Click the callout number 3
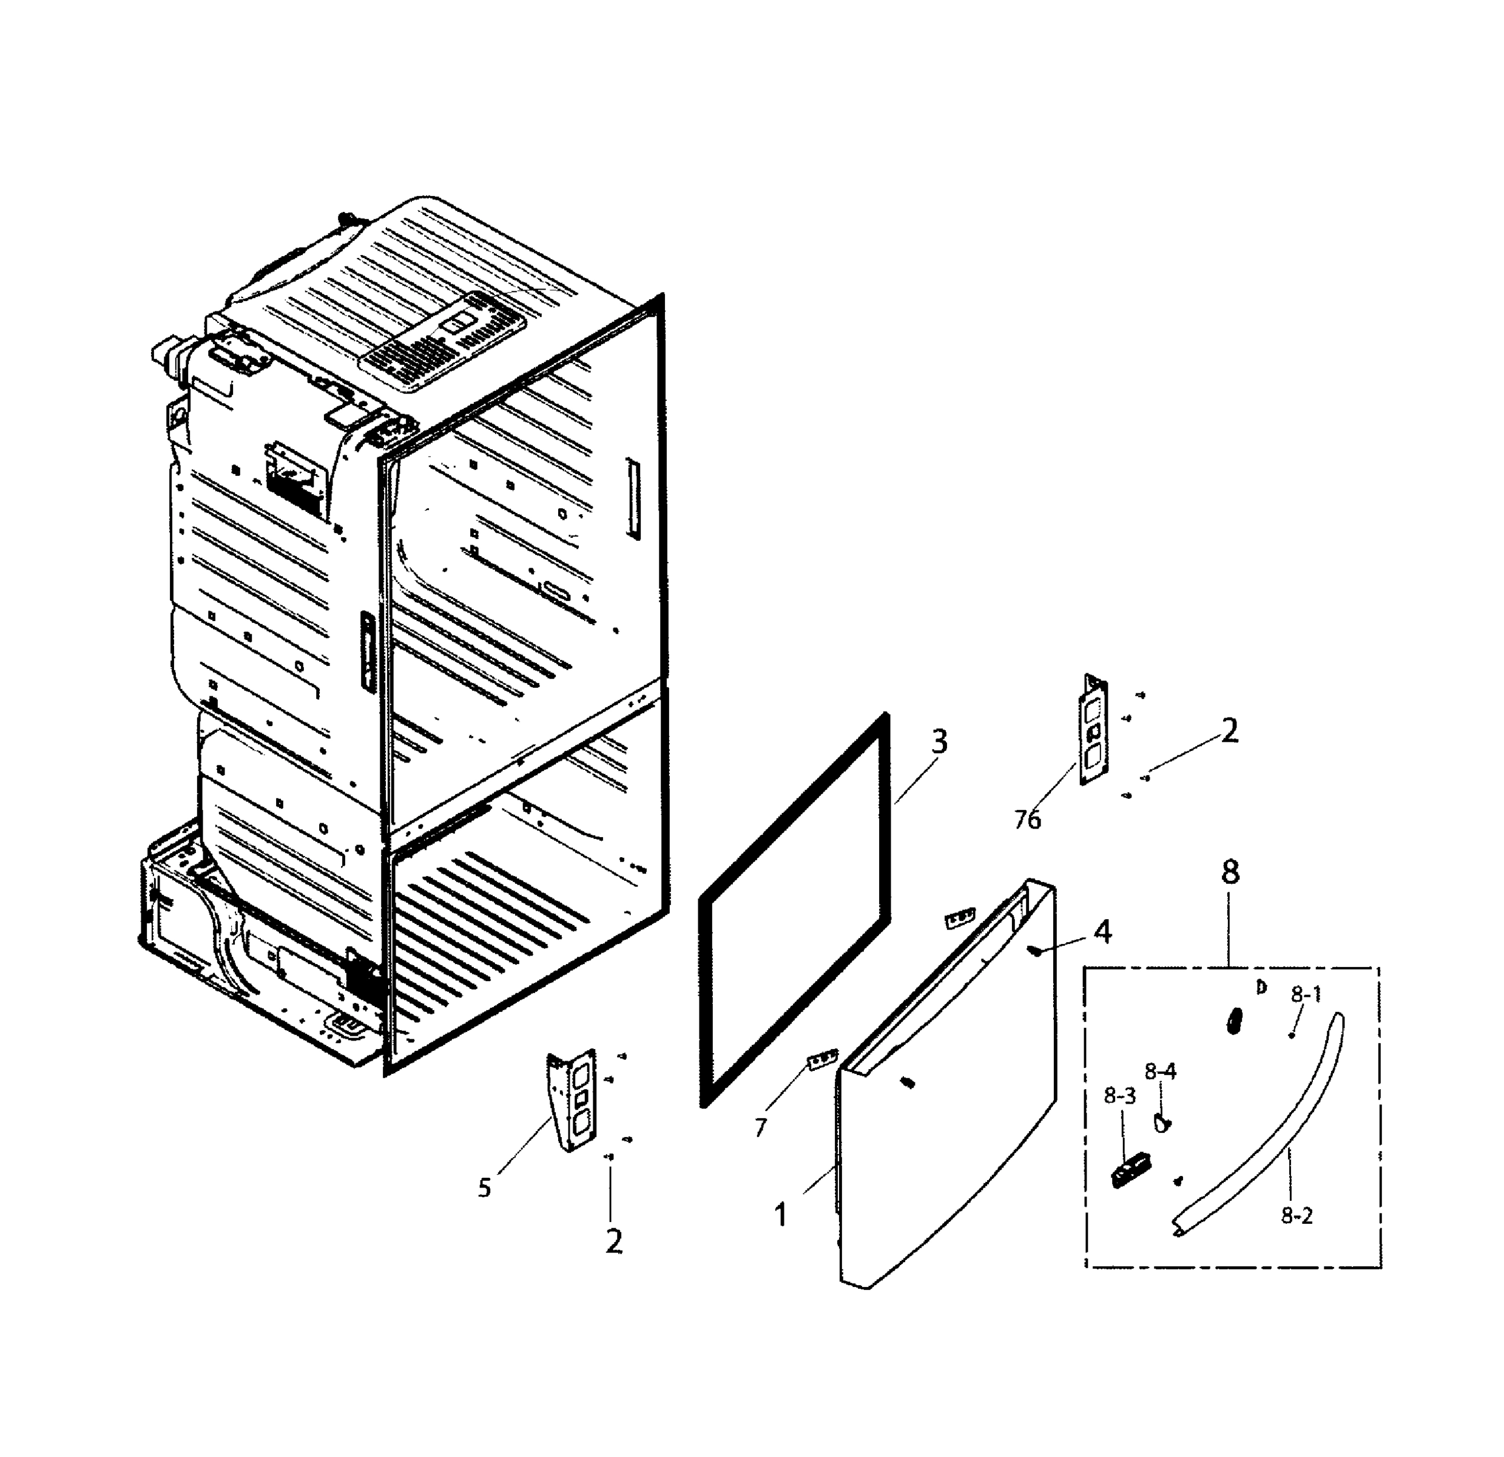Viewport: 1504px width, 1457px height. coord(939,741)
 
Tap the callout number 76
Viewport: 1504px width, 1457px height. coord(1028,820)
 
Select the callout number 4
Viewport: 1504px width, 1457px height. coord(1102,932)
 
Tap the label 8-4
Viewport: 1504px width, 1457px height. coord(1159,1071)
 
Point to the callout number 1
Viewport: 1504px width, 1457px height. coord(780,1216)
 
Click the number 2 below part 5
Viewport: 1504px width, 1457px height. coord(613,1242)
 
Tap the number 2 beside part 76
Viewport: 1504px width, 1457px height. coord(1229,732)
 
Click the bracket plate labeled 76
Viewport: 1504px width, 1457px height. coord(1093,729)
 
